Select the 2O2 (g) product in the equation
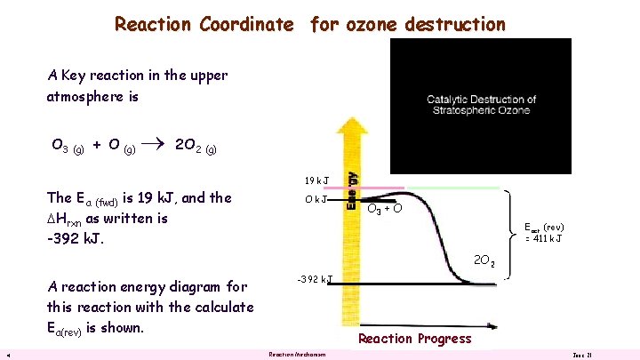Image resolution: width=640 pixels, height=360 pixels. point(195,146)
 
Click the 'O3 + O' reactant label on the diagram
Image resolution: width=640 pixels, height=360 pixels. point(385,209)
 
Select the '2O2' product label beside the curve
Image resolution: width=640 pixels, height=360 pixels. point(484,261)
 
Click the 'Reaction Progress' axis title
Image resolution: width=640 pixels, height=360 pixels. point(414,339)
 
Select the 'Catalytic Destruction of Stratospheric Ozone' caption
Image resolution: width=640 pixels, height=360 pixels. point(478,104)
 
